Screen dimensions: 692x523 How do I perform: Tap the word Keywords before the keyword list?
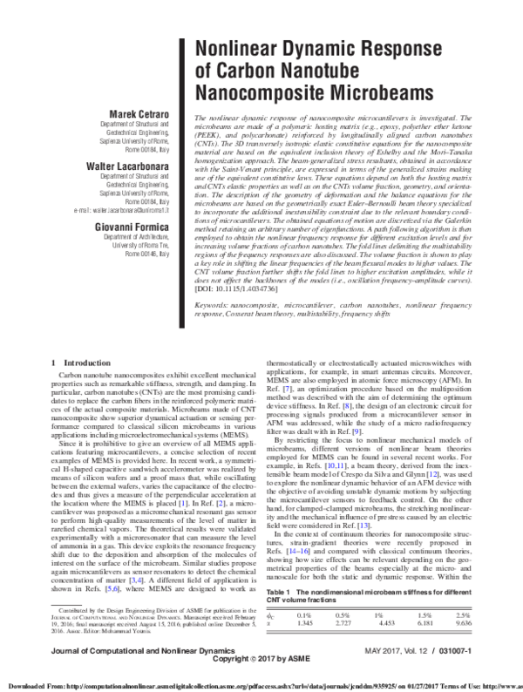[x=214, y=355]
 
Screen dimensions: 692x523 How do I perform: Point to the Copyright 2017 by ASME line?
[x=261, y=660]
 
